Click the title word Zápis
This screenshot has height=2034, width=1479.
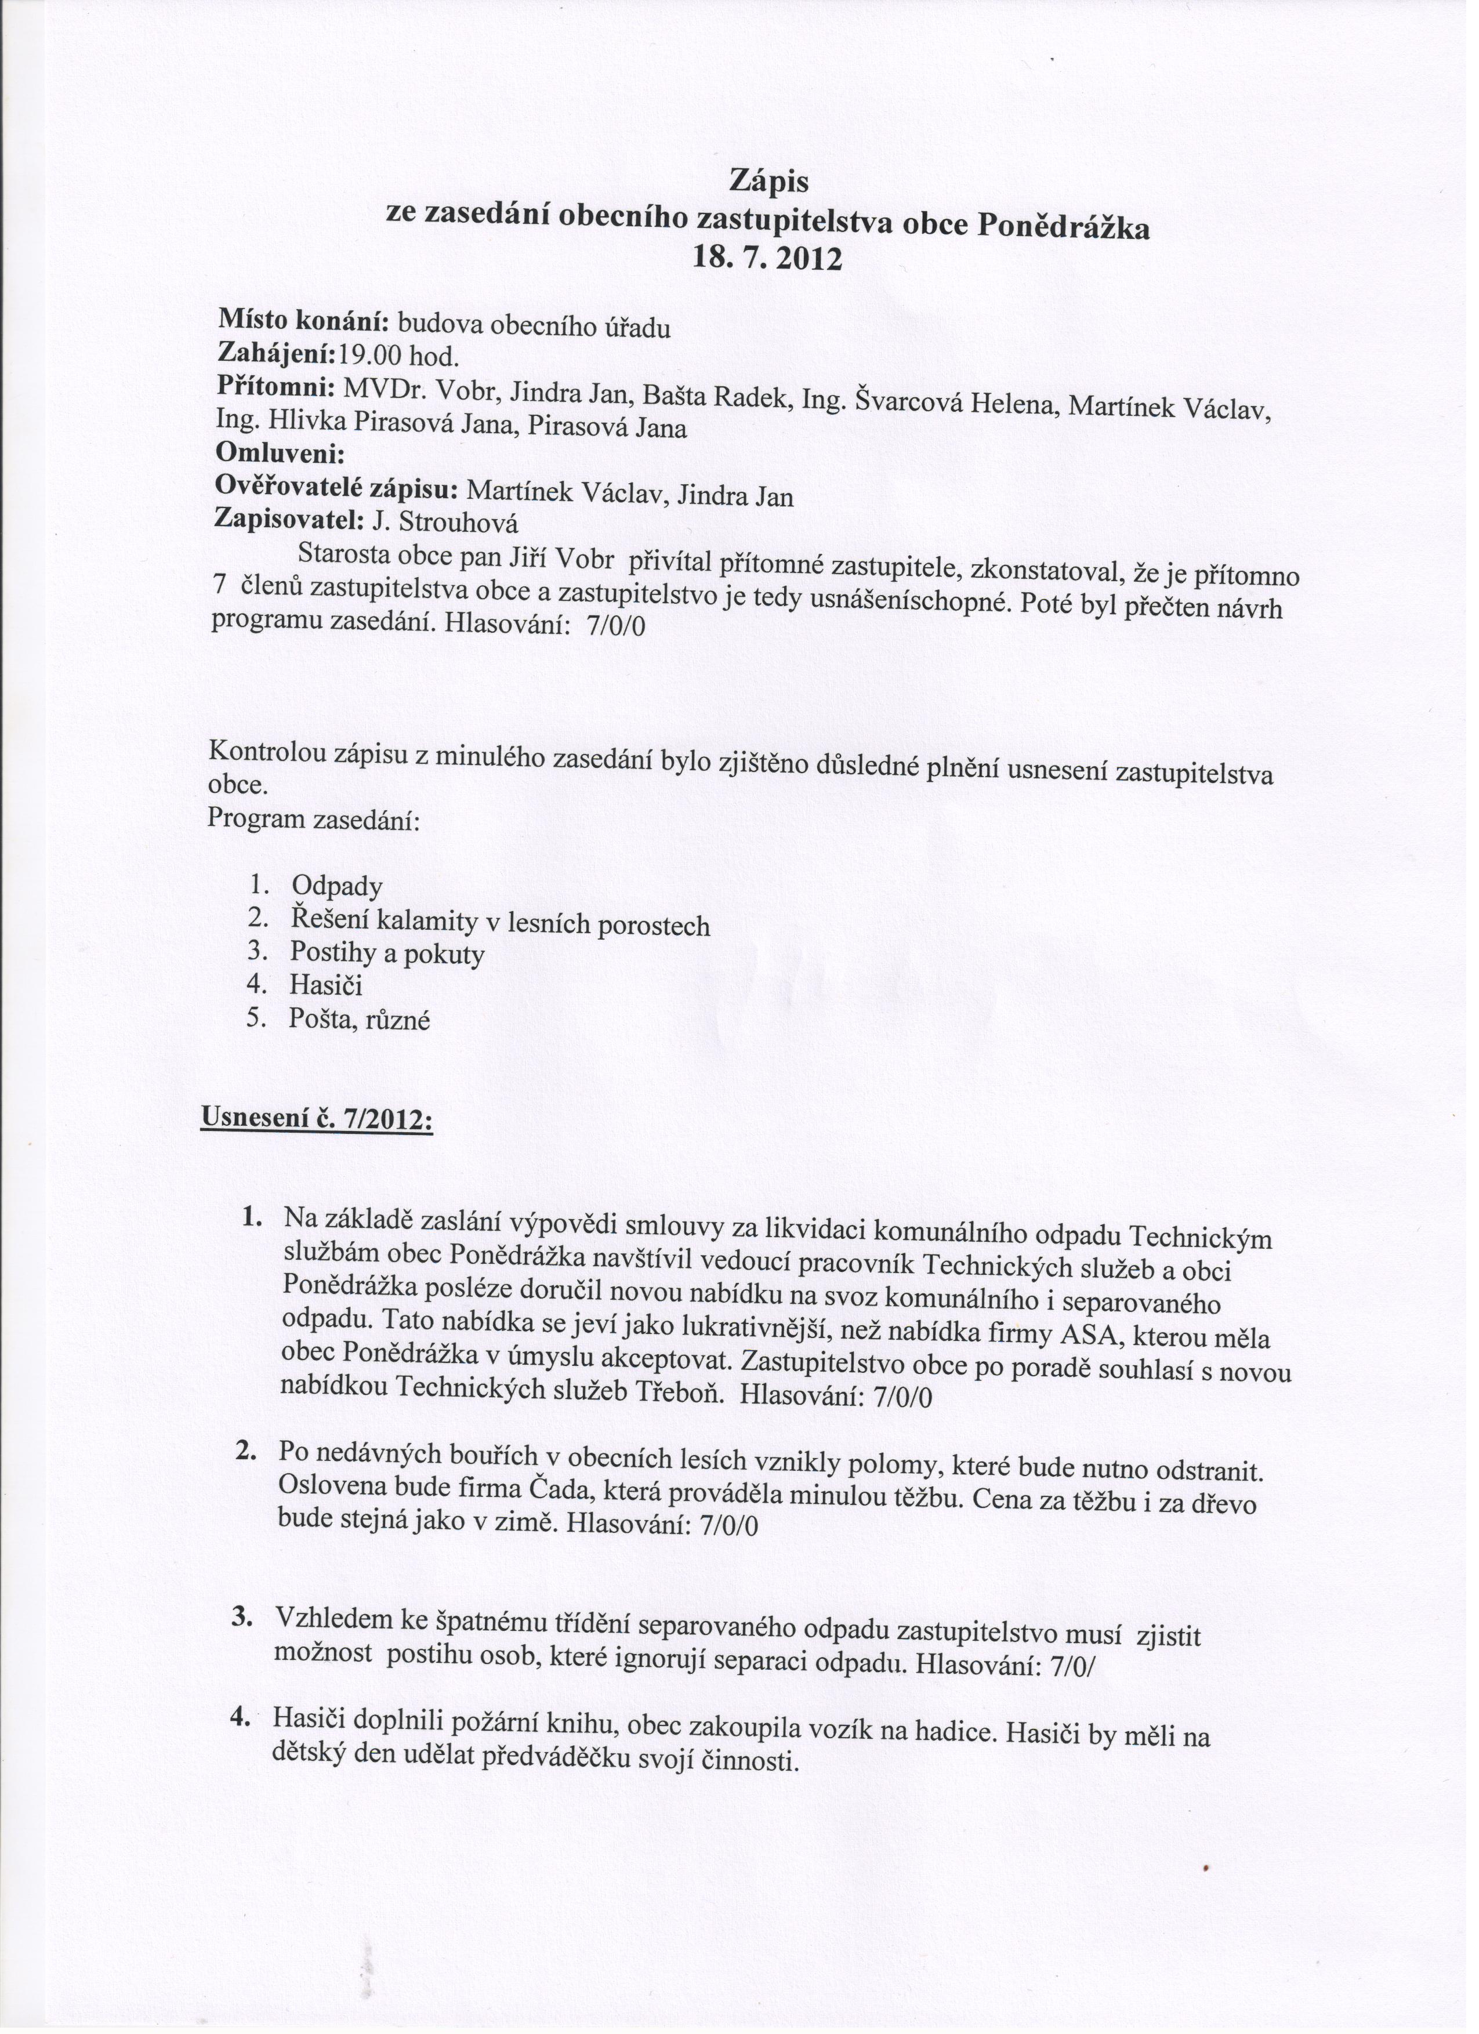pos(768,182)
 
